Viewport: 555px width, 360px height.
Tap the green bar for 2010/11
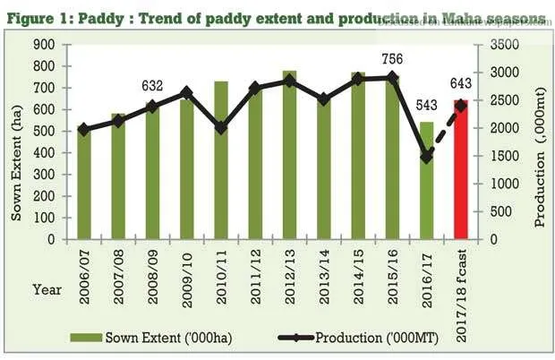(221, 160)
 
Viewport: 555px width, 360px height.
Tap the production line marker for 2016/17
(426, 156)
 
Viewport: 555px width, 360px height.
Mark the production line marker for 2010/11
(221, 128)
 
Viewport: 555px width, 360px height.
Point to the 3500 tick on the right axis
(506, 45)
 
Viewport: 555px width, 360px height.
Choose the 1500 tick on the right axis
(506, 157)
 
